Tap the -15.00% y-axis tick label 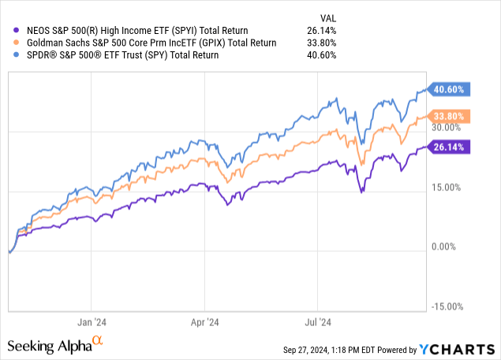pos(447,306)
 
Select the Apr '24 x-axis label pos(204,322)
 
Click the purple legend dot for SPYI pos(9,31)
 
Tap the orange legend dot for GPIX pos(9,43)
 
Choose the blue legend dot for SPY pos(9,55)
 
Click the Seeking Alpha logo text pos(49,346)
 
